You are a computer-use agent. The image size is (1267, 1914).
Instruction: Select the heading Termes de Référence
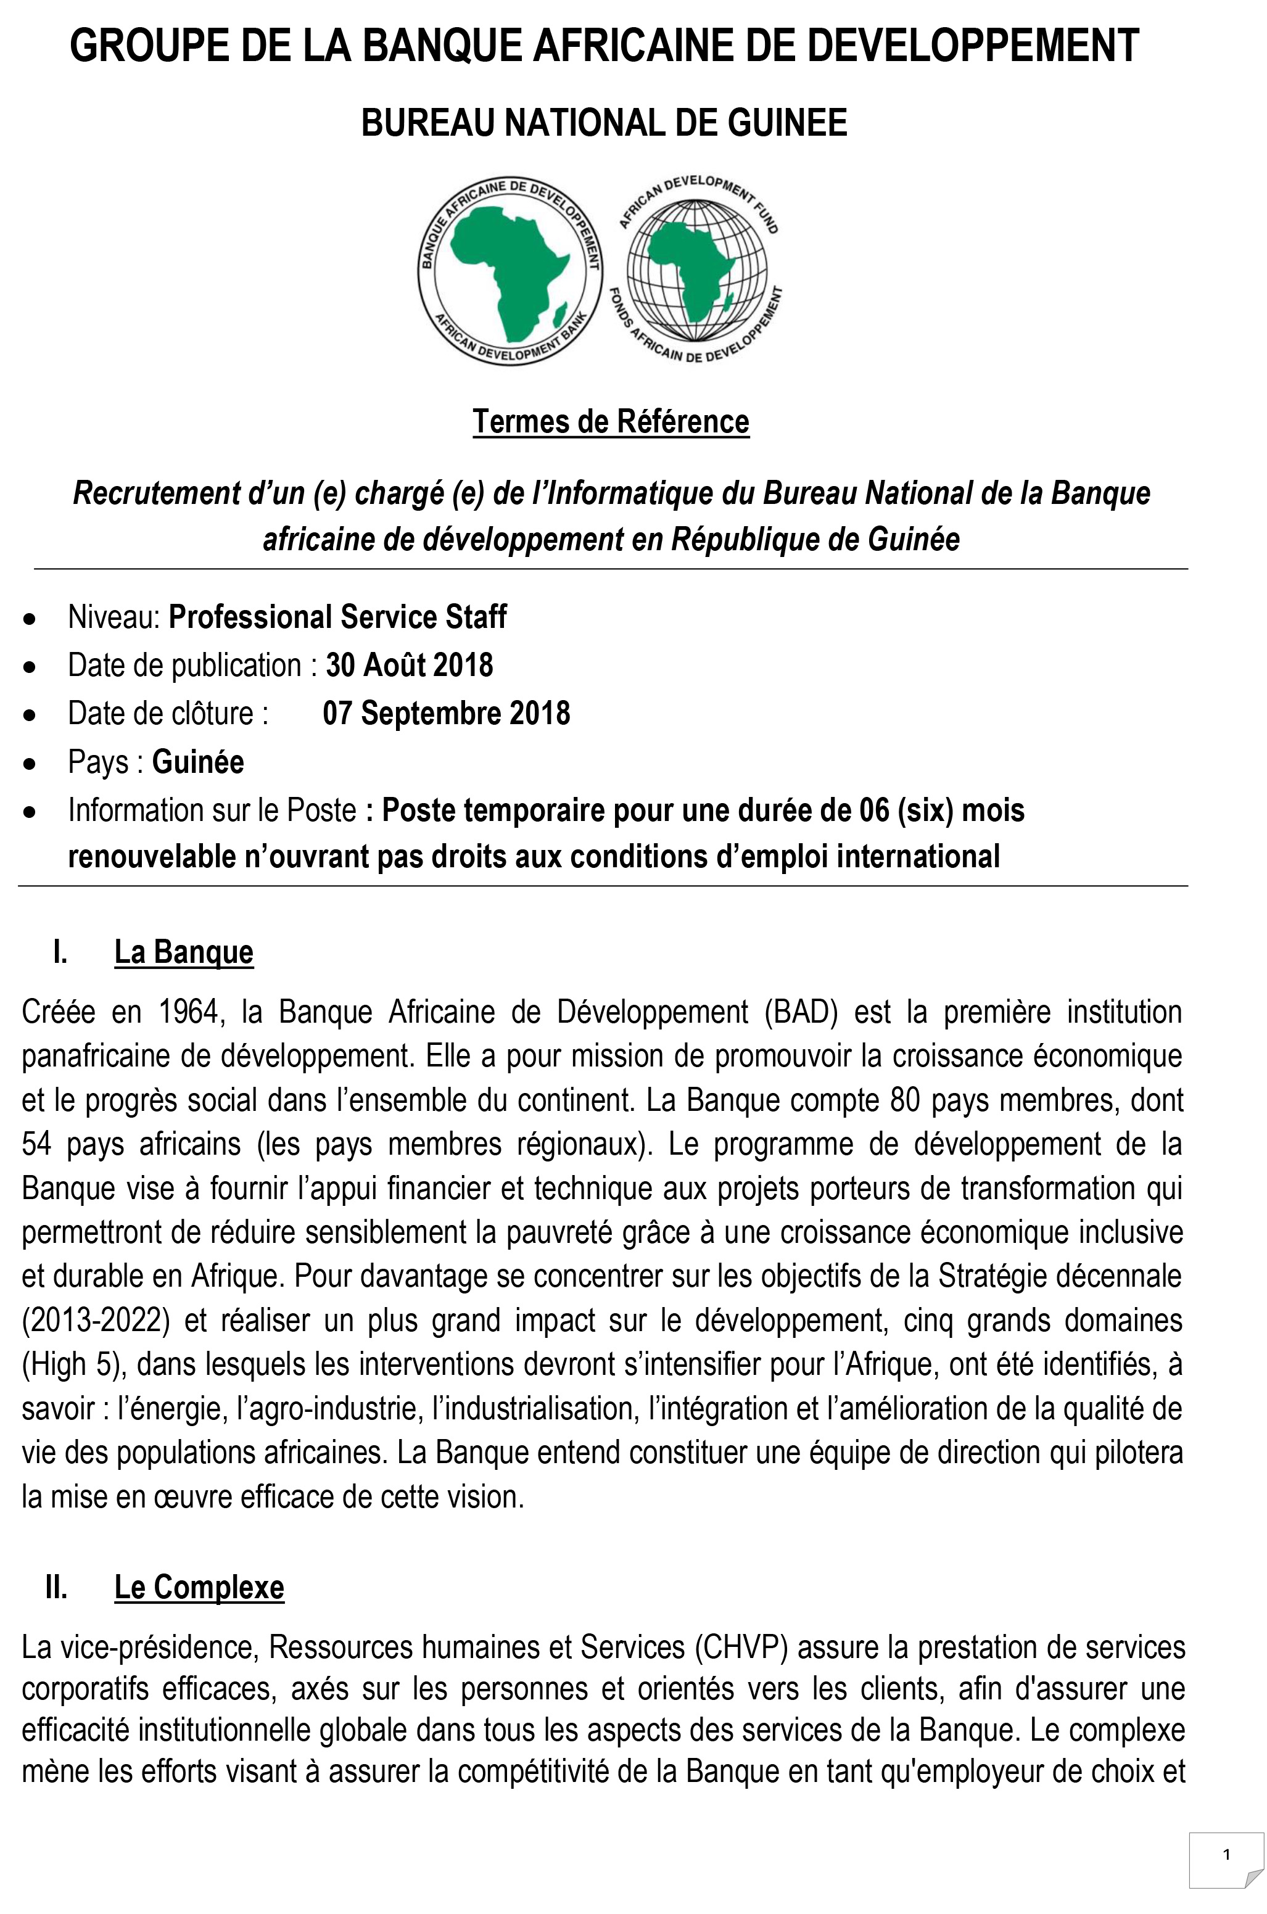[611, 422]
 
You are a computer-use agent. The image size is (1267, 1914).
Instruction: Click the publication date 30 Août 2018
[409, 666]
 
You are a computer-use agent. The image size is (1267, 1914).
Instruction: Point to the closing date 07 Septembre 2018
[446, 714]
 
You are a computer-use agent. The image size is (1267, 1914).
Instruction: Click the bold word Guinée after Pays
[198, 762]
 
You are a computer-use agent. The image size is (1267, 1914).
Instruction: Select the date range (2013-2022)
[96, 1320]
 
